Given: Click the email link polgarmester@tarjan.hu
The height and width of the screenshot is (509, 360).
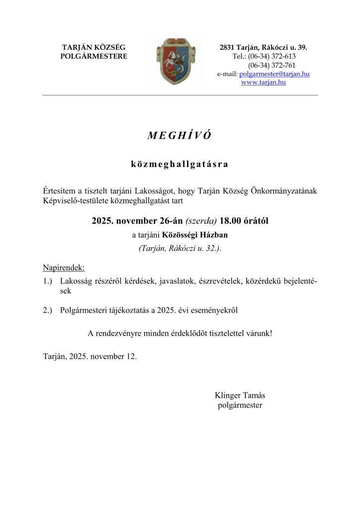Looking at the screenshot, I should pyautogui.click(x=274, y=74).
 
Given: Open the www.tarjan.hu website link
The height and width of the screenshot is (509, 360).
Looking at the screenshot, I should pyautogui.click(x=263, y=83).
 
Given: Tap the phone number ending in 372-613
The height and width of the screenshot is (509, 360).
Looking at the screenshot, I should pyautogui.click(x=271, y=56).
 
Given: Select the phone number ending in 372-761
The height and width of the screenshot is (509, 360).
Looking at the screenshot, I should pyautogui.click(x=271, y=65).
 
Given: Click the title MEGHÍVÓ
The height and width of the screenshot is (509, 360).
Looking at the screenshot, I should pyautogui.click(x=180, y=136).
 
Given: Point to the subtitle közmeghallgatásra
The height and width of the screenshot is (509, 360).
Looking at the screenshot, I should pyautogui.click(x=180, y=164).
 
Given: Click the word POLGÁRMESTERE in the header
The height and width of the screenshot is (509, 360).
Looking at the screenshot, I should pyautogui.click(x=93, y=56).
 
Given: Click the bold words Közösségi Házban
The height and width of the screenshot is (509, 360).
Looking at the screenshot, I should pyautogui.click(x=191, y=235).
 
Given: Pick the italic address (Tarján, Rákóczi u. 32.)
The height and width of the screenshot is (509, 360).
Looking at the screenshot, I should pyautogui.click(x=180, y=249).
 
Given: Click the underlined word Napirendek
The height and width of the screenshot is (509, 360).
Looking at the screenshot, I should pyautogui.click(x=64, y=268).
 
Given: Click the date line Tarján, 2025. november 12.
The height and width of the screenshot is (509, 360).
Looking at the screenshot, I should pyautogui.click(x=90, y=356).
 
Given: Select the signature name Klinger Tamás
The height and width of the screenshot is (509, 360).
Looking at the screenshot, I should pyautogui.click(x=240, y=396).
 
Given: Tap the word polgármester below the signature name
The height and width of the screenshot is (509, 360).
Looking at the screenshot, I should pyautogui.click(x=240, y=405).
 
